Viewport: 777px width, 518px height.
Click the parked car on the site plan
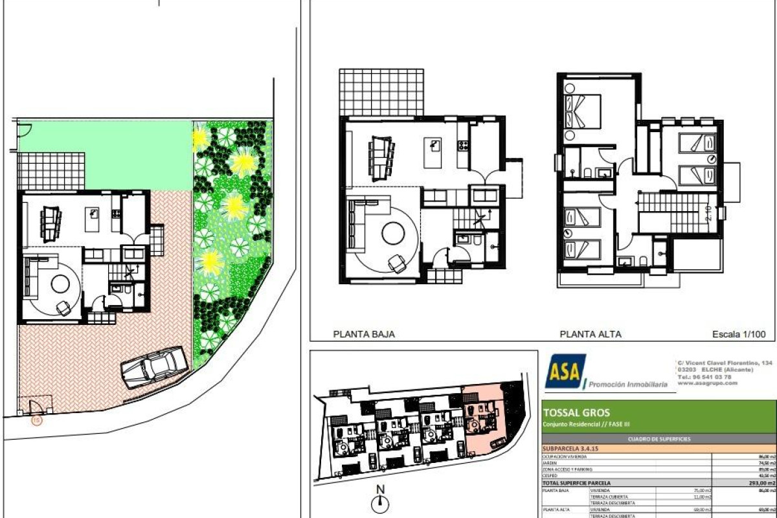coord(154,367)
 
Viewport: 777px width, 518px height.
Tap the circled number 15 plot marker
coord(36,420)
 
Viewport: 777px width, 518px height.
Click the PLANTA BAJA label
coord(363,335)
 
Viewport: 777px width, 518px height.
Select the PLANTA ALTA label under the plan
coord(590,335)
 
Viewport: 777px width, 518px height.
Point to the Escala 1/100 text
coord(739,335)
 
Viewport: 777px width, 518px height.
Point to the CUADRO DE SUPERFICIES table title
coord(659,439)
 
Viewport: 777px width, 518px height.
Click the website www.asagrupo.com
coord(707,383)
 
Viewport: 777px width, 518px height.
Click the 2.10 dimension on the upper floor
coord(708,212)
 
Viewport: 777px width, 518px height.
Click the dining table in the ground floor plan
coord(381,155)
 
